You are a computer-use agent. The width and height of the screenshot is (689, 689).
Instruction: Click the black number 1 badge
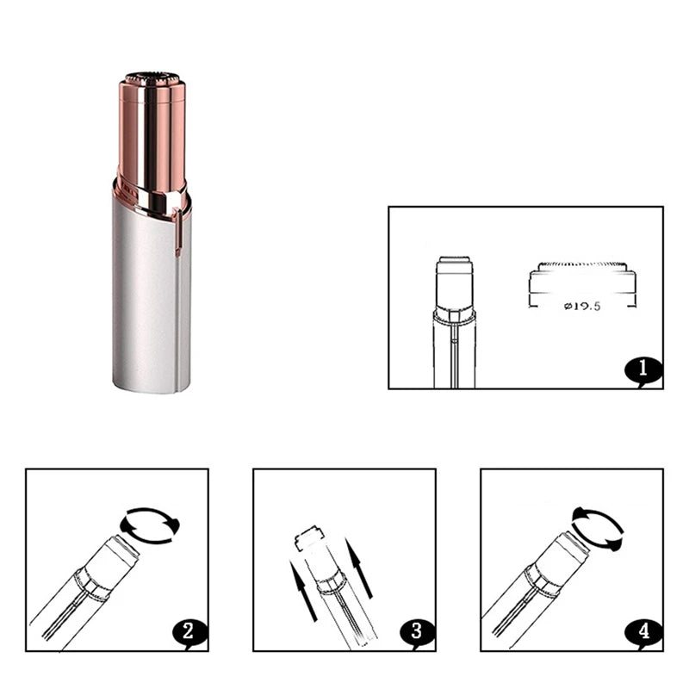click(643, 371)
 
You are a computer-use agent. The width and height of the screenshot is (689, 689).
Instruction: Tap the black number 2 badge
click(189, 633)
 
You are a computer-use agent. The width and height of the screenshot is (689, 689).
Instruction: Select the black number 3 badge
click(417, 633)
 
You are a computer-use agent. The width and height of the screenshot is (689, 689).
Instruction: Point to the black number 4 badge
click(644, 633)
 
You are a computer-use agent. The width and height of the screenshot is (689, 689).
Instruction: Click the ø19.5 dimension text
click(582, 306)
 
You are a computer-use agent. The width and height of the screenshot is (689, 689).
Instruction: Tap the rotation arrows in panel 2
click(150, 525)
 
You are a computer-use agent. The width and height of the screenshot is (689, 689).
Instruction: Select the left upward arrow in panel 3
click(303, 591)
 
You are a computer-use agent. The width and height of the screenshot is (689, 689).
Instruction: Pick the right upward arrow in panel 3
click(358, 568)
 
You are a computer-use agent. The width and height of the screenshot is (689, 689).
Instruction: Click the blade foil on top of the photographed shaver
click(152, 78)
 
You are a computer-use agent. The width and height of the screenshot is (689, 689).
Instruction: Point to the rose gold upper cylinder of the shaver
click(152, 136)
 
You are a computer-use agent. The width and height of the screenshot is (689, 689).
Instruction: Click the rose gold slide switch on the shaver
click(178, 232)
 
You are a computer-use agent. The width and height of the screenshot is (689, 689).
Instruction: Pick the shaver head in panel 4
click(565, 558)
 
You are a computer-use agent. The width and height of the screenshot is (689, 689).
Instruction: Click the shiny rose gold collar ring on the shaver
click(152, 200)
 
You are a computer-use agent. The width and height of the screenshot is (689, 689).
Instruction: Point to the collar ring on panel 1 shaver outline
click(455, 317)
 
